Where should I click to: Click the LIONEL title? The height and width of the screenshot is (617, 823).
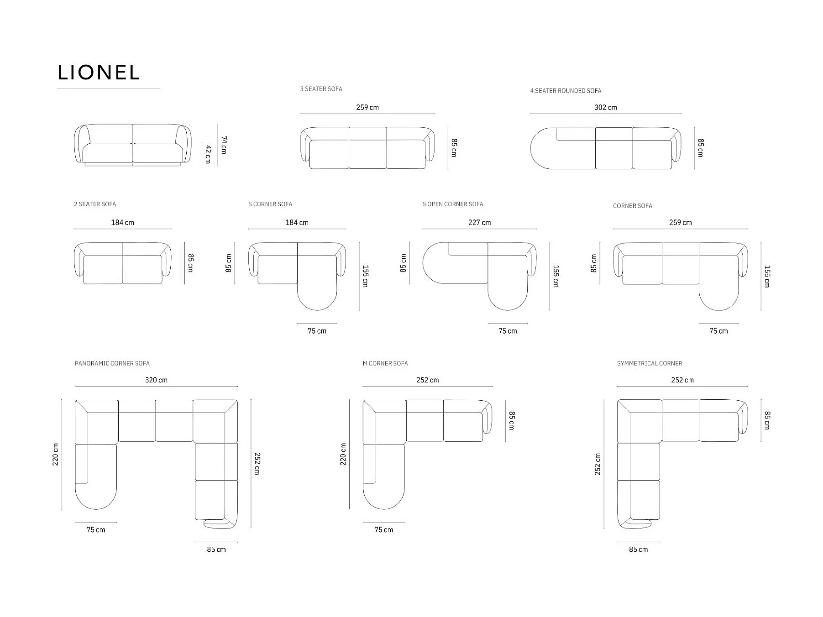click(x=99, y=73)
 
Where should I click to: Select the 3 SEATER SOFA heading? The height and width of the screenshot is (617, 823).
click(x=321, y=89)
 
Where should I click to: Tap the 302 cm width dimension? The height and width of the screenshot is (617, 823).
click(x=605, y=107)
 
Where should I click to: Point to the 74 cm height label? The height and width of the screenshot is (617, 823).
click(x=224, y=145)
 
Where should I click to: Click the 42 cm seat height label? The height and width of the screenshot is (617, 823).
click(x=208, y=154)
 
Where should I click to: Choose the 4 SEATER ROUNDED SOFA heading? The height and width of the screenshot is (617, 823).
click(x=566, y=91)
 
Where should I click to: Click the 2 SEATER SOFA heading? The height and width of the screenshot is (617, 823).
click(x=95, y=204)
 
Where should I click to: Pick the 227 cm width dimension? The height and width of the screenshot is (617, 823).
click(x=479, y=223)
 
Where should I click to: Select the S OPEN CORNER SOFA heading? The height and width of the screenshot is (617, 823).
click(x=453, y=204)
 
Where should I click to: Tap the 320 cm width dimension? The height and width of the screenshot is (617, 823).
click(x=156, y=380)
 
